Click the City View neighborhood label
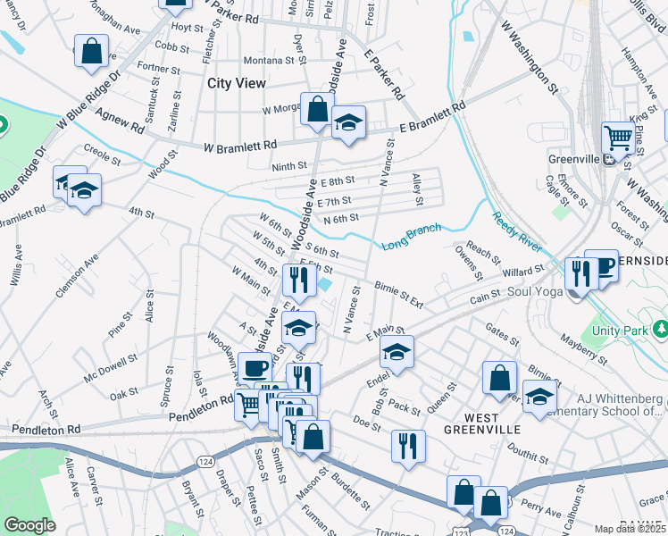pos(237,83)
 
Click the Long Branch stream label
pos(412,237)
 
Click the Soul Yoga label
pos(538,291)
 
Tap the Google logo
pos(29,525)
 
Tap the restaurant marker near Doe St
pos(408,446)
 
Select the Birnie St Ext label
pos(398,295)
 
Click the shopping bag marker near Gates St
pos(499,376)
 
